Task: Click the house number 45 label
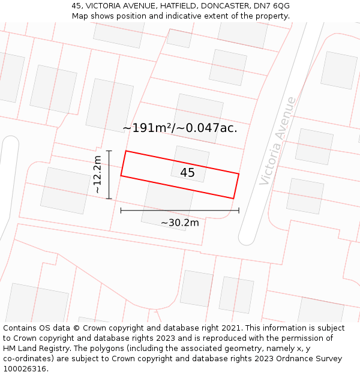click(187, 173)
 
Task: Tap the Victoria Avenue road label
click(278, 140)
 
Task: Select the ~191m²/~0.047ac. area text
click(180, 128)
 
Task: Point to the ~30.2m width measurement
click(179, 223)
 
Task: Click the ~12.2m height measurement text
click(97, 175)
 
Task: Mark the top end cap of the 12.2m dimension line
click(109, 151)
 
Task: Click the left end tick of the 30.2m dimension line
click(121, 211)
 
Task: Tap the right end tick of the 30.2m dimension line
click(239, 211)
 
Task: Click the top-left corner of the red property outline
click(125, 151)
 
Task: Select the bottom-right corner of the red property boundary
click(233, 198)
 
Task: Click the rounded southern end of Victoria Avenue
click(247, 241)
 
